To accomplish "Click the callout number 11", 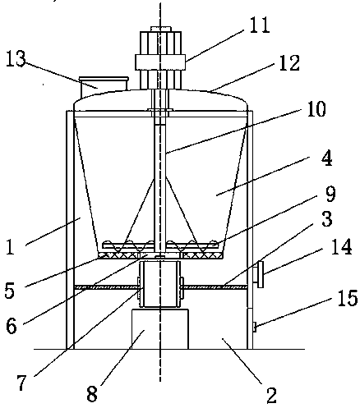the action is click(x=260, y=25).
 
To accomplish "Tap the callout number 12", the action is click(x=289, y=63).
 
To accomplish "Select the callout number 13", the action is click(x=16, y=58).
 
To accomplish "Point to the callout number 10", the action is click(x=316, y=109).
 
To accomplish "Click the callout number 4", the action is click(x=327, y=158).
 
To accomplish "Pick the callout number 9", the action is click(x=330, y=194).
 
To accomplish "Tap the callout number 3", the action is click(x=327, y=218).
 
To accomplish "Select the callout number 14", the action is click(x=341, y=247).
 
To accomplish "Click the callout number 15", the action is click(x=348, y=298).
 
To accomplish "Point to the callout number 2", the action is click(x=271, y=395).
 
